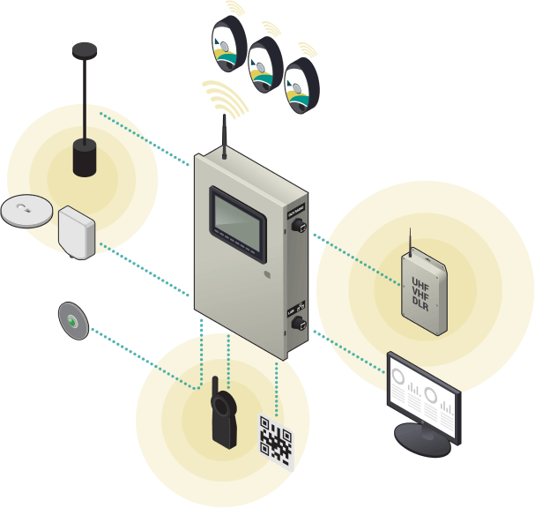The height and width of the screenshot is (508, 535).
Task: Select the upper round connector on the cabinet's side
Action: [298, 225]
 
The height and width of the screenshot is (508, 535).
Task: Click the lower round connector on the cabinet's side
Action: [298, 324]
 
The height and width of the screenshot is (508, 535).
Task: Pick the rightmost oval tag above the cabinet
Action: [300, 86]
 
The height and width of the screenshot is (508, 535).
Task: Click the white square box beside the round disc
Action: [76, 232]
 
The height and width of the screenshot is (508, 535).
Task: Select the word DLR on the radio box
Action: [422, 303]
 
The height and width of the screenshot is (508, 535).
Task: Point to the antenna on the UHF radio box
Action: [411, 243]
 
